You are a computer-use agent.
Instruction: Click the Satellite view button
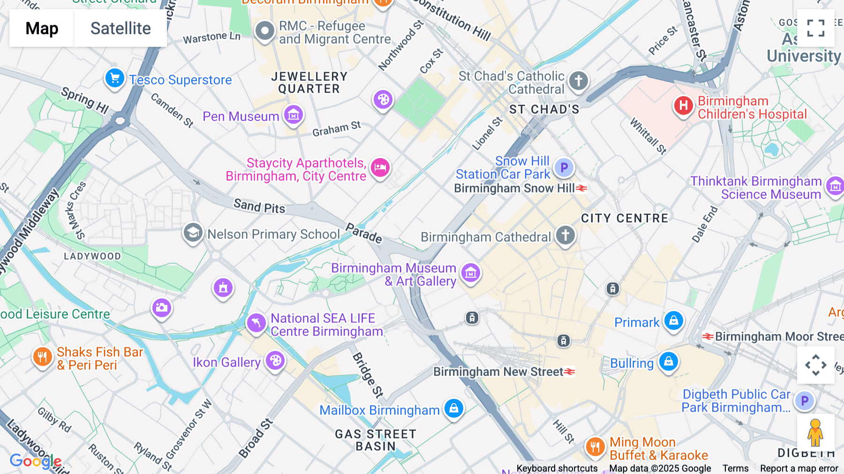121,28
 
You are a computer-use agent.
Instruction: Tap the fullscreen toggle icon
815,28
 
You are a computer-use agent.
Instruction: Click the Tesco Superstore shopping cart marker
115,78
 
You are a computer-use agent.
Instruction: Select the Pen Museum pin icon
294,115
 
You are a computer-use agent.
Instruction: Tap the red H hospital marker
683,106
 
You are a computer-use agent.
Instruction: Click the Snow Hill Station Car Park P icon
564,167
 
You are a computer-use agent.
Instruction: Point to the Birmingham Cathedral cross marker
565,235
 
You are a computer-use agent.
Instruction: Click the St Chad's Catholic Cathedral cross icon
579,81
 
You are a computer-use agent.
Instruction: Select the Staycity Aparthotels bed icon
380,168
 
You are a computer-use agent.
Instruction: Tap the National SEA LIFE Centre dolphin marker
256,323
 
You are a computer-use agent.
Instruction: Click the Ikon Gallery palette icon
275,361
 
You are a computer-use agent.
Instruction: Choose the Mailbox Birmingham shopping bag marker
453,408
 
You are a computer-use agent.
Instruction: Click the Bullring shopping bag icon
669,361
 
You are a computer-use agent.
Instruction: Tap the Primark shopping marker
674,321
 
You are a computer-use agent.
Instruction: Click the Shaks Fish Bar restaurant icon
42,357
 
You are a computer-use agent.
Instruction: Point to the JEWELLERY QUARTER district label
309,83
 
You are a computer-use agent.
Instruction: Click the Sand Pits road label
259,206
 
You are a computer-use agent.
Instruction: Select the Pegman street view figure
815,432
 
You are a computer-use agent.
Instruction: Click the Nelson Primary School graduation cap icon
193,232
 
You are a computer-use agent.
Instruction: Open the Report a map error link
799,468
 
